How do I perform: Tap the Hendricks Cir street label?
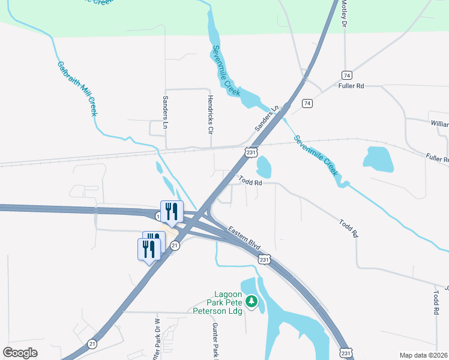click(210, 114)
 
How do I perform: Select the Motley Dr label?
click(345, 13)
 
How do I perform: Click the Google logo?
click(20, 352)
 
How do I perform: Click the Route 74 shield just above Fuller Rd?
click(346, 75)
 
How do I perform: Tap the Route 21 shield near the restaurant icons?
click(174, 245)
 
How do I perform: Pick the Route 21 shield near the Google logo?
click(92, 343)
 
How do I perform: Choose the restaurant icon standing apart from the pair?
click(172, 211)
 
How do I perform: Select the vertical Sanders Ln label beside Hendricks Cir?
click(165, 113)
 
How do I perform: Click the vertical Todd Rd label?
click(435, 303)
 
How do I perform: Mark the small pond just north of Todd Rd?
click(264, 166)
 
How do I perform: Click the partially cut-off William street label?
click(439, 124)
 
